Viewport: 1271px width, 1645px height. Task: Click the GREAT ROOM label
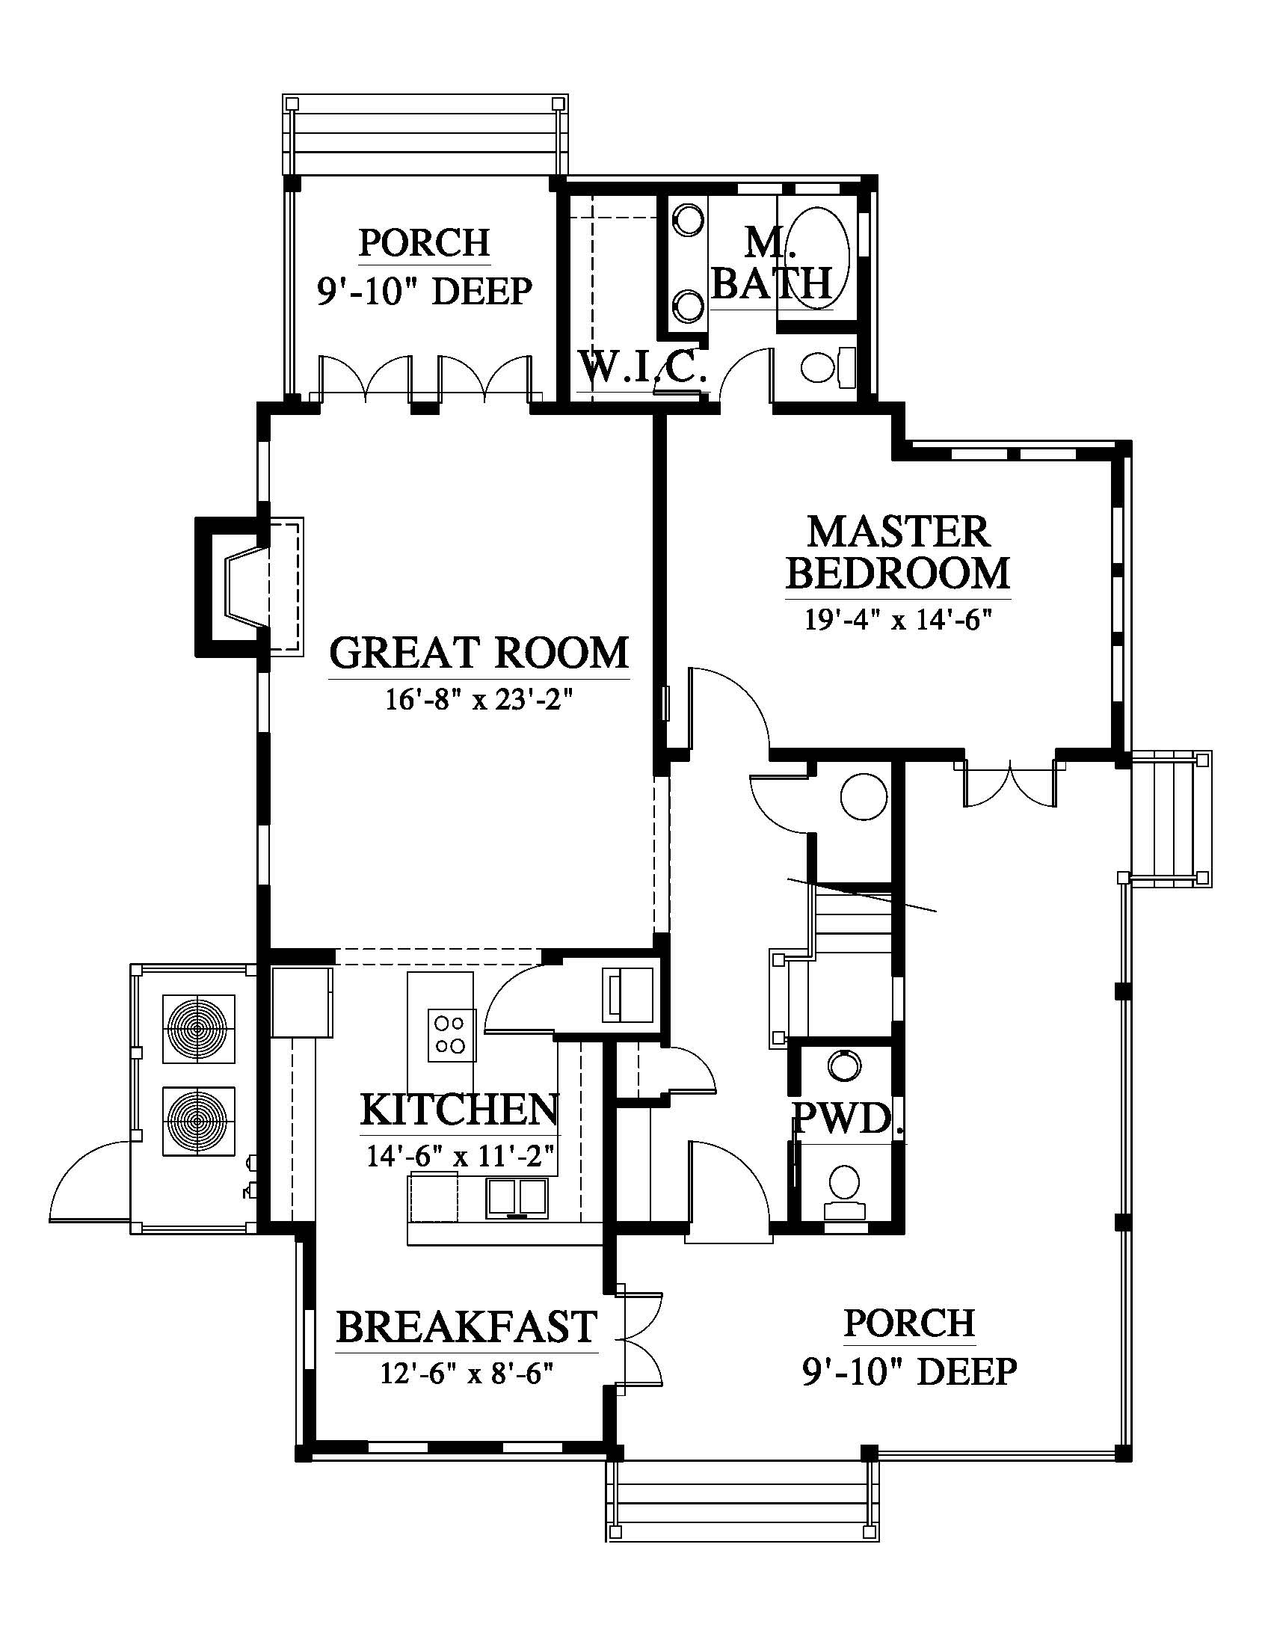479,653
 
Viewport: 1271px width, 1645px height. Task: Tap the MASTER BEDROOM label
897,552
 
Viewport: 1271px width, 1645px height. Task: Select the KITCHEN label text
459,1110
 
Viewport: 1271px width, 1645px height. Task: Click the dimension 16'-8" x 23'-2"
480,700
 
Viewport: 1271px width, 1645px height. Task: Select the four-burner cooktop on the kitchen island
451,1034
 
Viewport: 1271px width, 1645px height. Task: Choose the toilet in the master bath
828,368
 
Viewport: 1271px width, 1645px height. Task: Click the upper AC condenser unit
199,1028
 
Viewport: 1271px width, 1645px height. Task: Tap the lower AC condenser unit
199,1121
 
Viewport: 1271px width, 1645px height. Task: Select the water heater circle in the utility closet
863,799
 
